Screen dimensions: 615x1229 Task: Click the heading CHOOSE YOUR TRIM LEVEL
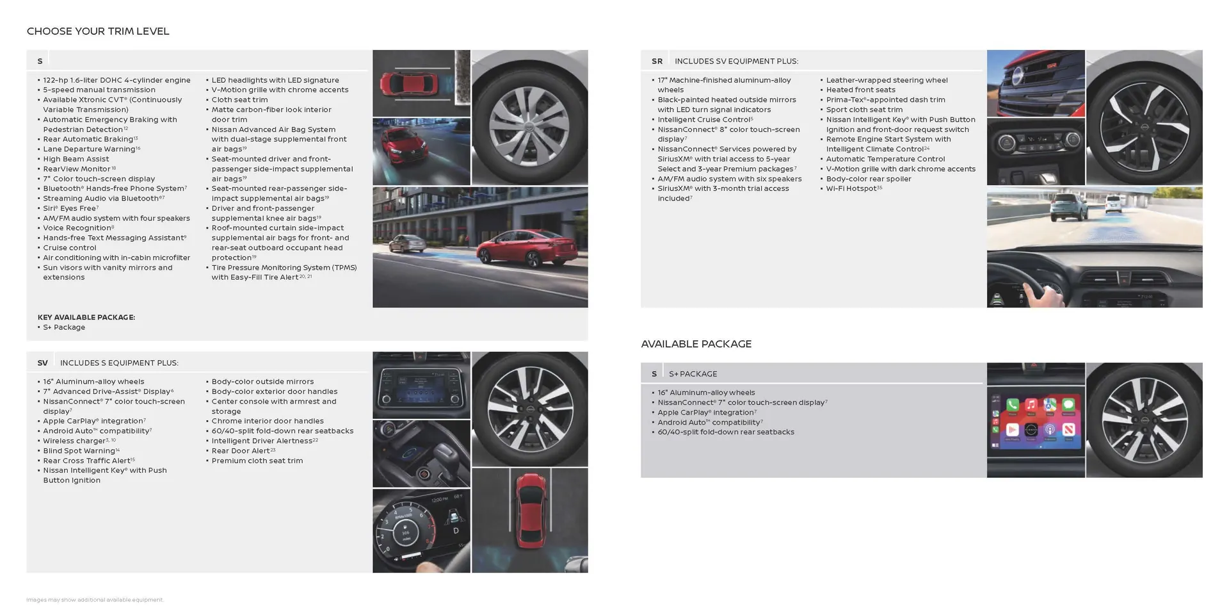point(98,31)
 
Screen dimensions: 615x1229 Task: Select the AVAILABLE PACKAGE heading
point(696,344)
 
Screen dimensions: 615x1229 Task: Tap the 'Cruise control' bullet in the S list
point(69,248)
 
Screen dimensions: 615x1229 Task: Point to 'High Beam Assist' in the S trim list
point(76,159)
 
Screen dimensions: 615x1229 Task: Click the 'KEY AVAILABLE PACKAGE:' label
point(86,317)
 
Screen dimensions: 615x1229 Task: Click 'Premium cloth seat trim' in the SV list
point(257,461)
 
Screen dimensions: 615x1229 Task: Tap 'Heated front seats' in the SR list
point(860,90)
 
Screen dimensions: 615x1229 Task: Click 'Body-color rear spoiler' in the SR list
point(868,179)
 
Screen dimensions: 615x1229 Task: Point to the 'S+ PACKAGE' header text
point(693,373)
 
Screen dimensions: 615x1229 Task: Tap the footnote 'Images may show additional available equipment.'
point(95,600)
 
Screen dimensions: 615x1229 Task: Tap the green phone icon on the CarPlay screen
point(1012,405)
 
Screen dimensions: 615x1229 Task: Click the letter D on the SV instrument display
point(456,530)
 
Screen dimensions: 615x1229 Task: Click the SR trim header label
point(657,61)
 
